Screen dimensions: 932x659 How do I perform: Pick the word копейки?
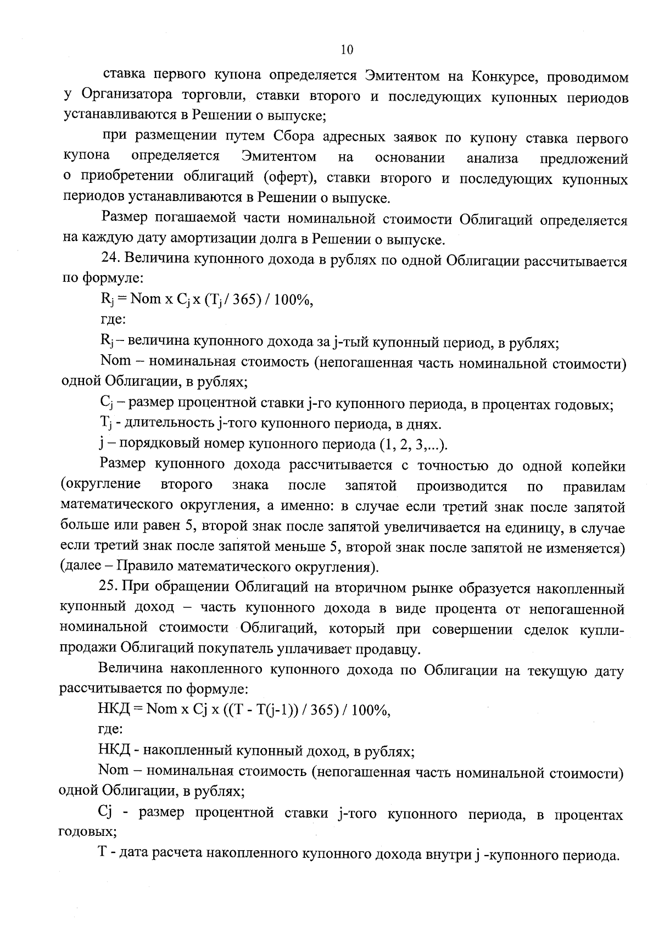click(598, 466)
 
